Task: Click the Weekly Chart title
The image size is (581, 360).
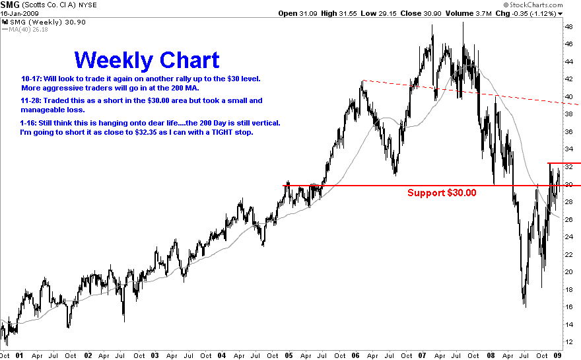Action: (147, 60)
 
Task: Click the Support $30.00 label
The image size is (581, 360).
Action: (442, 193)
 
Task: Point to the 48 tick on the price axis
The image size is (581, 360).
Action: (568, 26)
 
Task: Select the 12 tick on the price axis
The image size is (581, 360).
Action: (568, 342)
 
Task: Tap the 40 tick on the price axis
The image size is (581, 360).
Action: (568, 96)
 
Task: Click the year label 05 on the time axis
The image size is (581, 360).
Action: (289, 355)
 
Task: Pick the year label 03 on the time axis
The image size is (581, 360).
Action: (154, 355)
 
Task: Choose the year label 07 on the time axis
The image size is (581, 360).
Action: (422, 355)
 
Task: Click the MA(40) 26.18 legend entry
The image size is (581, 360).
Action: (25, 29)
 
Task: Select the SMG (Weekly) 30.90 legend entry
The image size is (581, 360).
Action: (44, 22)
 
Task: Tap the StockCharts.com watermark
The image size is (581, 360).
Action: (533, 5)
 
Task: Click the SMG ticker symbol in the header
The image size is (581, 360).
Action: (10, 5)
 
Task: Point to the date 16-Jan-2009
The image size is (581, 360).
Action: (19, 14)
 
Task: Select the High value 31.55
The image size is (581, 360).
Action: (348, 14)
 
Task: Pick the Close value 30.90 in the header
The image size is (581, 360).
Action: (432, 14)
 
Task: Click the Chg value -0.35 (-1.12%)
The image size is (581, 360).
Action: (534, 14)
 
